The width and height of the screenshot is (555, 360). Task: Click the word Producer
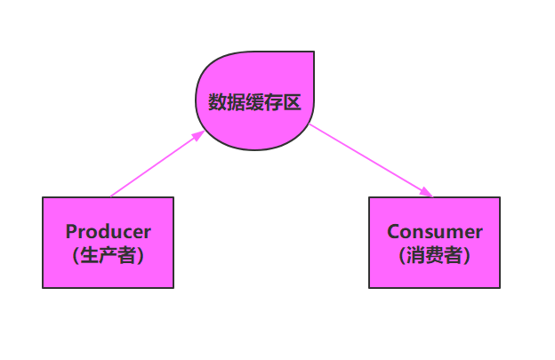[x=108, y=232]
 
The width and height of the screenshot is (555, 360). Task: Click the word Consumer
[x=434, y=232]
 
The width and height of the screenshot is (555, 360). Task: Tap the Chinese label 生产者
[x=108, y=256]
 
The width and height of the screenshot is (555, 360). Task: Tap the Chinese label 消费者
[x=434, y=256]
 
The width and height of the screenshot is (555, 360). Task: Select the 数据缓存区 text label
[x=254, y=102]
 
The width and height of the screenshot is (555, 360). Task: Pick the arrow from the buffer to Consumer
[x=369, y=159]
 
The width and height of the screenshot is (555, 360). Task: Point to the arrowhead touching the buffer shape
[x=198, y=136]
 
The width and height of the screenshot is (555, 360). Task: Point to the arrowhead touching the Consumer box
[x=428, y=193]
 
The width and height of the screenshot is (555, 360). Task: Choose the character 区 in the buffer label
[x=291, y=102]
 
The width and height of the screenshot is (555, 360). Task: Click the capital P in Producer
[x=71, y=232]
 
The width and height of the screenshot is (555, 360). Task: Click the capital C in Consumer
[x=394, y=232]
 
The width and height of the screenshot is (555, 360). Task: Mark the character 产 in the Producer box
[x=108, y=256]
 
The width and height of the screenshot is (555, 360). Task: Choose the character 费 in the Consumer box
[x=434, y=256]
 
